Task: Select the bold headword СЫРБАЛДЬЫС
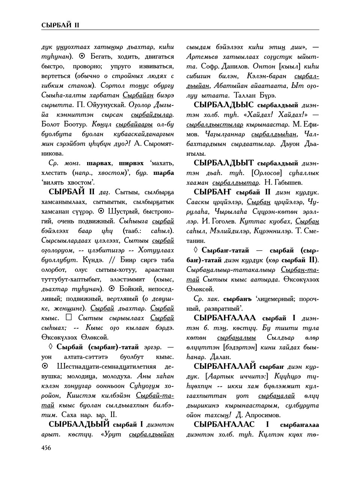coord(224,105)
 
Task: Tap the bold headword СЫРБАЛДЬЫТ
coord(224,163)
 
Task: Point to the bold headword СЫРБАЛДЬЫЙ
coord(79,424)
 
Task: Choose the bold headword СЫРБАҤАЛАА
coord(225,318)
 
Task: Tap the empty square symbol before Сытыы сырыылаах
coord(69,317)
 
